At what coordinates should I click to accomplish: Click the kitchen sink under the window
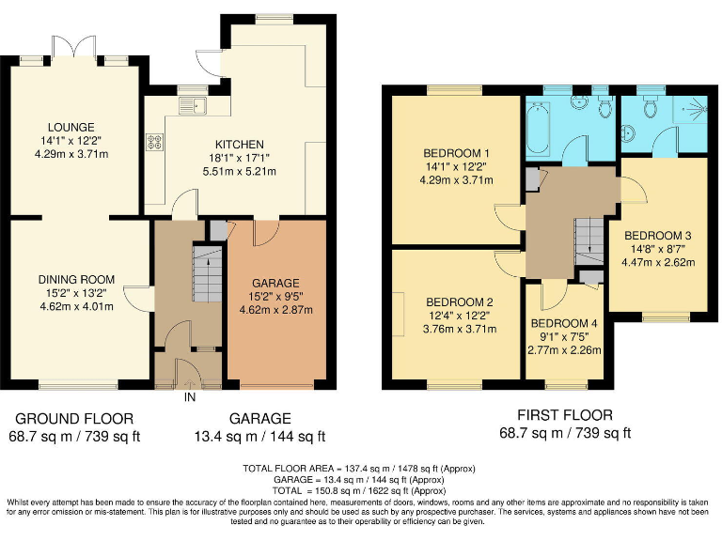click(x=196, y=105)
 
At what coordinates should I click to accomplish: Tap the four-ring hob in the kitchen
click(x=154, y=144)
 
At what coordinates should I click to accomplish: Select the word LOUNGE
click(x=71, y=127)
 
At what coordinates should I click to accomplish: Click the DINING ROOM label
click(x=76, y=279)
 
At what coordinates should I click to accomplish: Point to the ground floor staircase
click(x=203, y=267)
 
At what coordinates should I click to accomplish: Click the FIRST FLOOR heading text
click(x=565, y=415)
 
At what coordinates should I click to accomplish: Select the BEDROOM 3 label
click(x=658, y=235)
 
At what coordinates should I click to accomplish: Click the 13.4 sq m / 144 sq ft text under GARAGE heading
click(x=261, y=436)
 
